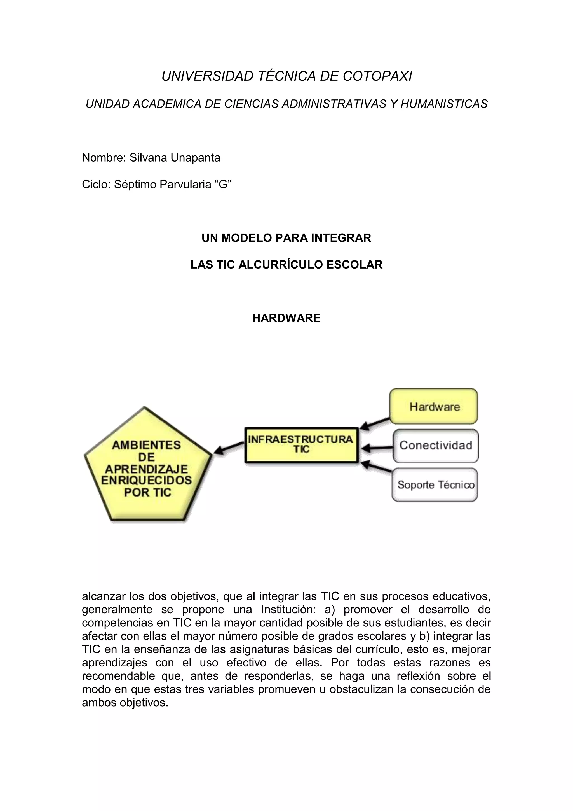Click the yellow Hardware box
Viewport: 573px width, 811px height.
click(x=434, y=406)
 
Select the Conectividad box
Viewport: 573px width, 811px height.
click(x=436, y=446)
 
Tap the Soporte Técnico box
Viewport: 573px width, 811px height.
click(x=435, y=485)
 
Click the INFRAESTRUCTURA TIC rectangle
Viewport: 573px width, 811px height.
click(x=302, y=445)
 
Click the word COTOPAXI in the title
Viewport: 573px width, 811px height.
click(x=377, y=76)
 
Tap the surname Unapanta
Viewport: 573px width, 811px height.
click(x=196, y=158)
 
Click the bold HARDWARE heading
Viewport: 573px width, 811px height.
click(x=286, y=318)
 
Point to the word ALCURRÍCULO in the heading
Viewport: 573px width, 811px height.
click(x=281, y=265)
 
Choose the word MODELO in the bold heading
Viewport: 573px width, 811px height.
click(x=246, y=238)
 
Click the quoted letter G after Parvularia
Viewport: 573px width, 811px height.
click(x=223, y=184)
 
